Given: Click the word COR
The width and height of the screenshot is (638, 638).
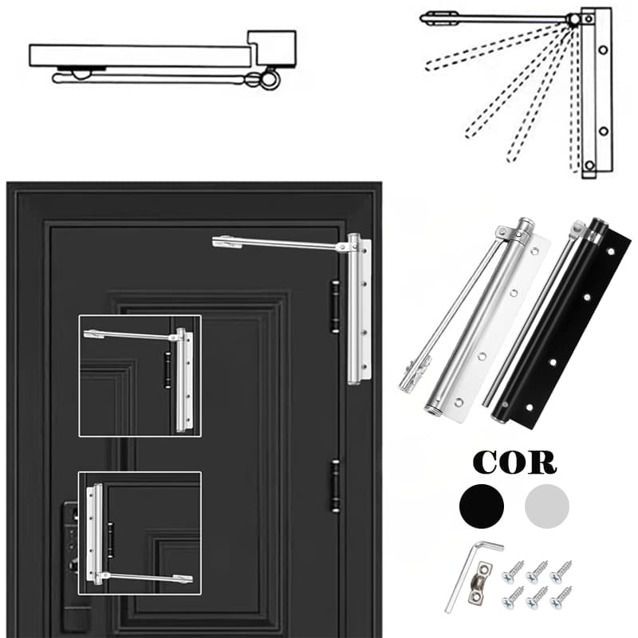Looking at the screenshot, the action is (x=514, y=462).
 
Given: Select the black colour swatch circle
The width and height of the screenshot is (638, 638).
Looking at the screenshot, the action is (x=482, y=506).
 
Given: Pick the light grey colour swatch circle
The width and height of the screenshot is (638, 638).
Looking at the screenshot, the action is (x=547, y=506).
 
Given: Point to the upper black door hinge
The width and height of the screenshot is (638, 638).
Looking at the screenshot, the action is (x=335, y=306).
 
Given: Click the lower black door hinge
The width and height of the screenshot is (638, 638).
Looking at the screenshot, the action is (x=335, y=486).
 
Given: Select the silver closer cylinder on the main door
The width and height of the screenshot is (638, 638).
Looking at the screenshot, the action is (x=353, y=309).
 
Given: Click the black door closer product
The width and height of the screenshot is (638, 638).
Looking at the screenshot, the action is (x=557, y=321).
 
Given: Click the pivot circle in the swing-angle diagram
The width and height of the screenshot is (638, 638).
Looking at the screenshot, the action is (x=574, y=19).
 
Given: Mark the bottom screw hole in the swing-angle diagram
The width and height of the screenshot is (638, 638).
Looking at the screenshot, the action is (x=589, y=166).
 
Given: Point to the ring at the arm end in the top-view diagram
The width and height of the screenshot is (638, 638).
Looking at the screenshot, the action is (x=269, y=79).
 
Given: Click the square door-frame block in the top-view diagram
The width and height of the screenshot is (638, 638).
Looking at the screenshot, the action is (x=272, y=48).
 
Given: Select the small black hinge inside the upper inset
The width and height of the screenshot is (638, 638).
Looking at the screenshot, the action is (x=167, y=370).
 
